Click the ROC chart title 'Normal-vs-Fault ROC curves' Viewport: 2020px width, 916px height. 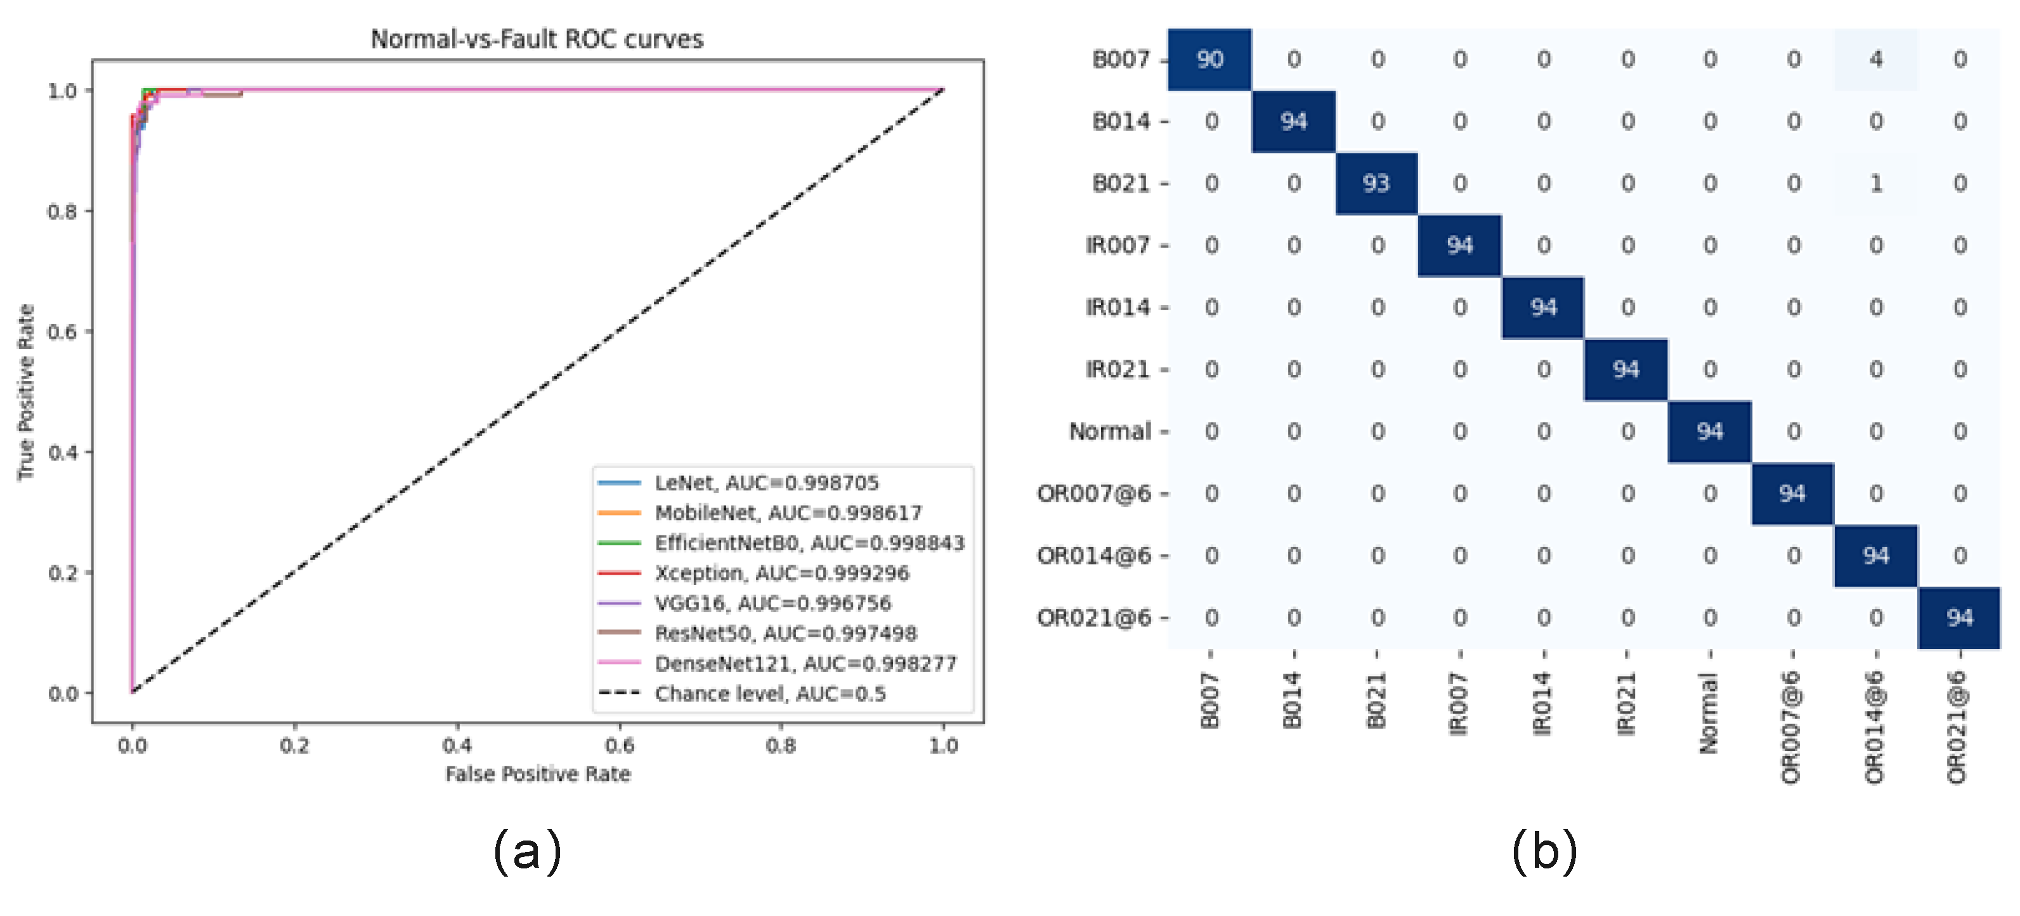pos(537,39)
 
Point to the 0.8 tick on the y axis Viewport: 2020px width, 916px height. pos(63,212)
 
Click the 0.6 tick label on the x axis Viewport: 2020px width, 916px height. pos(619,745)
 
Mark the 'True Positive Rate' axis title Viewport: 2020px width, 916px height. pos(27,391)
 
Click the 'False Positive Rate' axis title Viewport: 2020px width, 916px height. pos(537,774)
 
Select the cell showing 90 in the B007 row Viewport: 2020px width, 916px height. pos(1209,60)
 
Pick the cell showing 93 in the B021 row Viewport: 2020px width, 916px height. pos(1376,183)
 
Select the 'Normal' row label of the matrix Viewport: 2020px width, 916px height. pos(1110,431)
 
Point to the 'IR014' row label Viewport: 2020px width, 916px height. pos(1118,308)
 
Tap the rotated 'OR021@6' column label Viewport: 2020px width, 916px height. pos(1957,727)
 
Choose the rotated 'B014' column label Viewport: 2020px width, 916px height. pos(1293,700)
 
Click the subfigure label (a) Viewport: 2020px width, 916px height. pos(527,851)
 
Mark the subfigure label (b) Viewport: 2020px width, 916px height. pos(1544,851)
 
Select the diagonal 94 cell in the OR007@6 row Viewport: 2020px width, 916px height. pos(1792,494)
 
